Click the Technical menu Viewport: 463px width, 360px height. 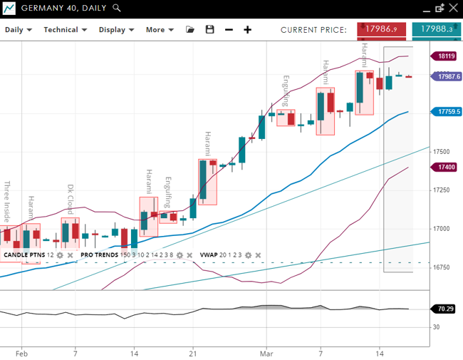tap(65, 30)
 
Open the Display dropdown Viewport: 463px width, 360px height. tap(116, 30)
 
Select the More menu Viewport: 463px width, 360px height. tap(160, 30)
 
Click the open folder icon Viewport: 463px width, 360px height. tap(190, 30)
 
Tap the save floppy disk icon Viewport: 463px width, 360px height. tap(209, 30)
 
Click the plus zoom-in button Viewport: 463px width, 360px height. tap(248, 30)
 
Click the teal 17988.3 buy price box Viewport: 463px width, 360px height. tap(436, 30)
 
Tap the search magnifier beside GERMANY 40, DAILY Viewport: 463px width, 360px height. tap(117, 9)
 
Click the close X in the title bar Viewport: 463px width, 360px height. tap(454, 9)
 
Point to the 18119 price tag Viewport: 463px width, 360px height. tap(447, 56)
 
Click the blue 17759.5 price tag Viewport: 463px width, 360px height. tap(447, 111)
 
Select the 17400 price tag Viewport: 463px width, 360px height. tap(447, 167)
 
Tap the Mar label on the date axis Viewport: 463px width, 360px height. tap(266, 353)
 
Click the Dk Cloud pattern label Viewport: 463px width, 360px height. tap(71, 200)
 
